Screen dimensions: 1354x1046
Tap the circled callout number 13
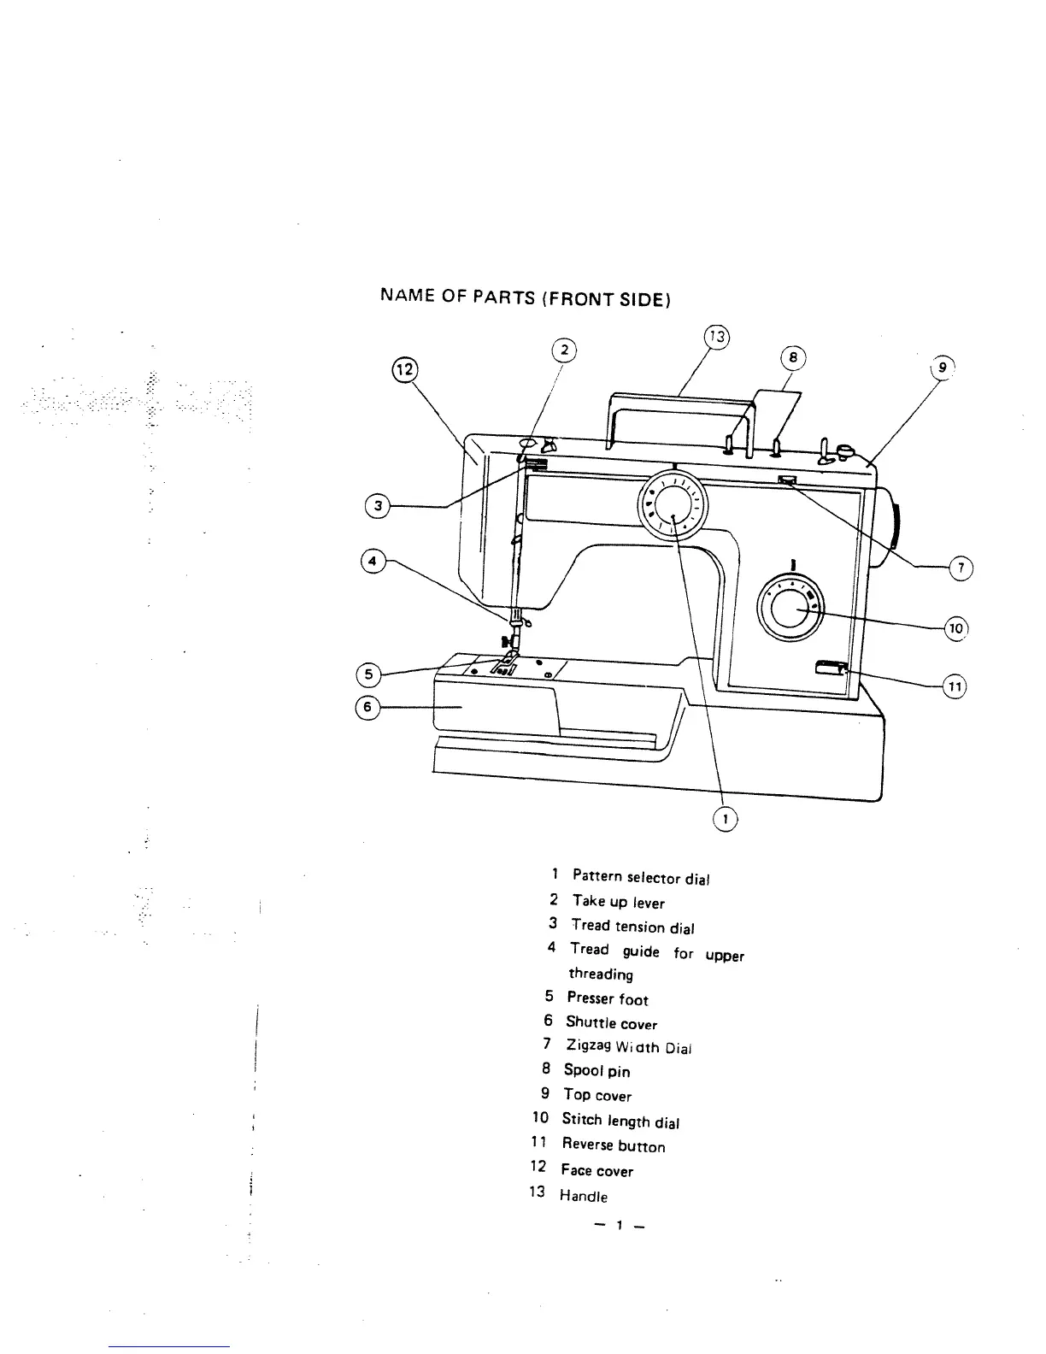[x=718, y=336]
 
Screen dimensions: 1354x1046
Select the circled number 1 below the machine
[x=725, y=819]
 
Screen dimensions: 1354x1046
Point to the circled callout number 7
[x=961, y=568]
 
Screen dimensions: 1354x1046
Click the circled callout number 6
[x=367, y=708]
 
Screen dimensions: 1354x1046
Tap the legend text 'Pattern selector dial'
[x=641, y=877]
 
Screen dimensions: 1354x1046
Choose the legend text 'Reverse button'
[x=613, y=1145]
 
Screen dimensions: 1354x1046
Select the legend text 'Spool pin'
[x=596, y=1070]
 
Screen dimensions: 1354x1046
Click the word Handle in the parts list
[x=584, y=1196]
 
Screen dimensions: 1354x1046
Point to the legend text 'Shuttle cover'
[x=611, y=1022]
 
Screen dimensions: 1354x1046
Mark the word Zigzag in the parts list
[x=587, y=1045]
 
